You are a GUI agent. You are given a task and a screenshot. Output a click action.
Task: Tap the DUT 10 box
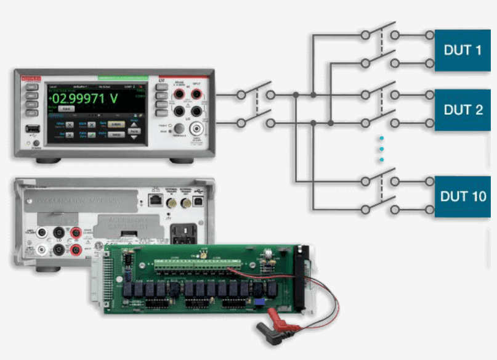point(463,197)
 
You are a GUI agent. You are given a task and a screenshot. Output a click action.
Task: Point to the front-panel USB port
point(31,129)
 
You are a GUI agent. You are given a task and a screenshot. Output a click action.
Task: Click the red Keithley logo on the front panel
point(31,78)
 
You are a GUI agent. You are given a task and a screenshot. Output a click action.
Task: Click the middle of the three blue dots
point(381,149)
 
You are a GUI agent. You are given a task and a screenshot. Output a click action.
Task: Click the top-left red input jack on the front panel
point(180,94)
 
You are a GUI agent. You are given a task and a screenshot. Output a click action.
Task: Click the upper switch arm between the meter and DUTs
point(256,90)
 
